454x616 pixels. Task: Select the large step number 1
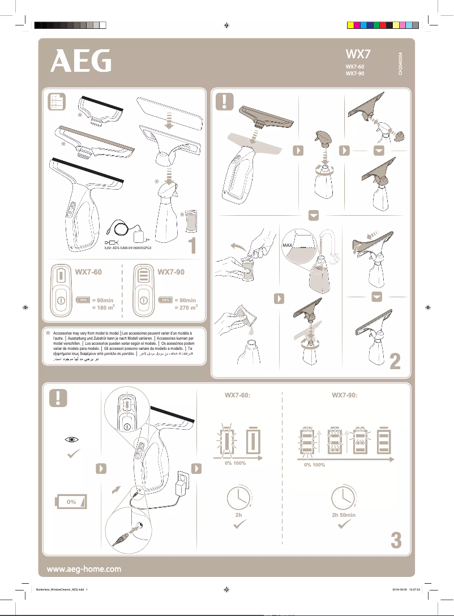(192, 246)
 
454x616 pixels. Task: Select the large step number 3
(396, 541)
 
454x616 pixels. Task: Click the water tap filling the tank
(330, 243)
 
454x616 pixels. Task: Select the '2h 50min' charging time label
(344, 515)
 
